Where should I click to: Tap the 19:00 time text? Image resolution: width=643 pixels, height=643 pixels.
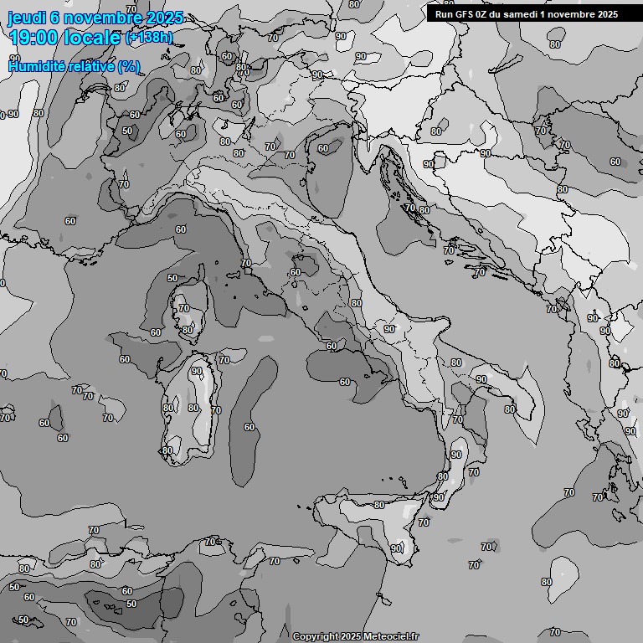tap(35, 39)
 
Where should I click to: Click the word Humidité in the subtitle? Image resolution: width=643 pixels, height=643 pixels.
tap(34, 66)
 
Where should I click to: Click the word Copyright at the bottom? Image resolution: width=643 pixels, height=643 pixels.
tap(315, 636)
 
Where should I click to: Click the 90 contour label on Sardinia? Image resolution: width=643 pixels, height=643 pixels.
tap(196, 371)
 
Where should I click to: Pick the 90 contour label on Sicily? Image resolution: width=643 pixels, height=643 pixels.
tap(395, 548)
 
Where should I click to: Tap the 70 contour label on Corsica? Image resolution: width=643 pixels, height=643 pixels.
tap(183, 309)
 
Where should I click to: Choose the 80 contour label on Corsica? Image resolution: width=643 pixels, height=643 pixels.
tap(188, 330)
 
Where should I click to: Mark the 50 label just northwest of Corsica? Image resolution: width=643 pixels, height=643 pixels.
tap(172, 278)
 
